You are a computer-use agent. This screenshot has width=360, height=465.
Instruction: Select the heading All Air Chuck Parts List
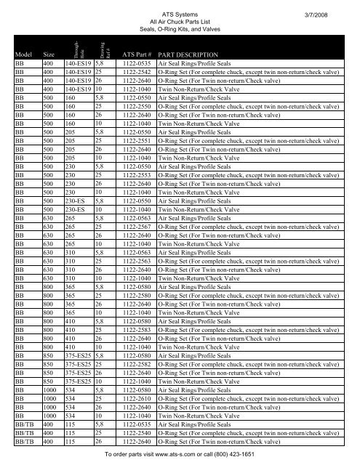coord(179,23)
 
